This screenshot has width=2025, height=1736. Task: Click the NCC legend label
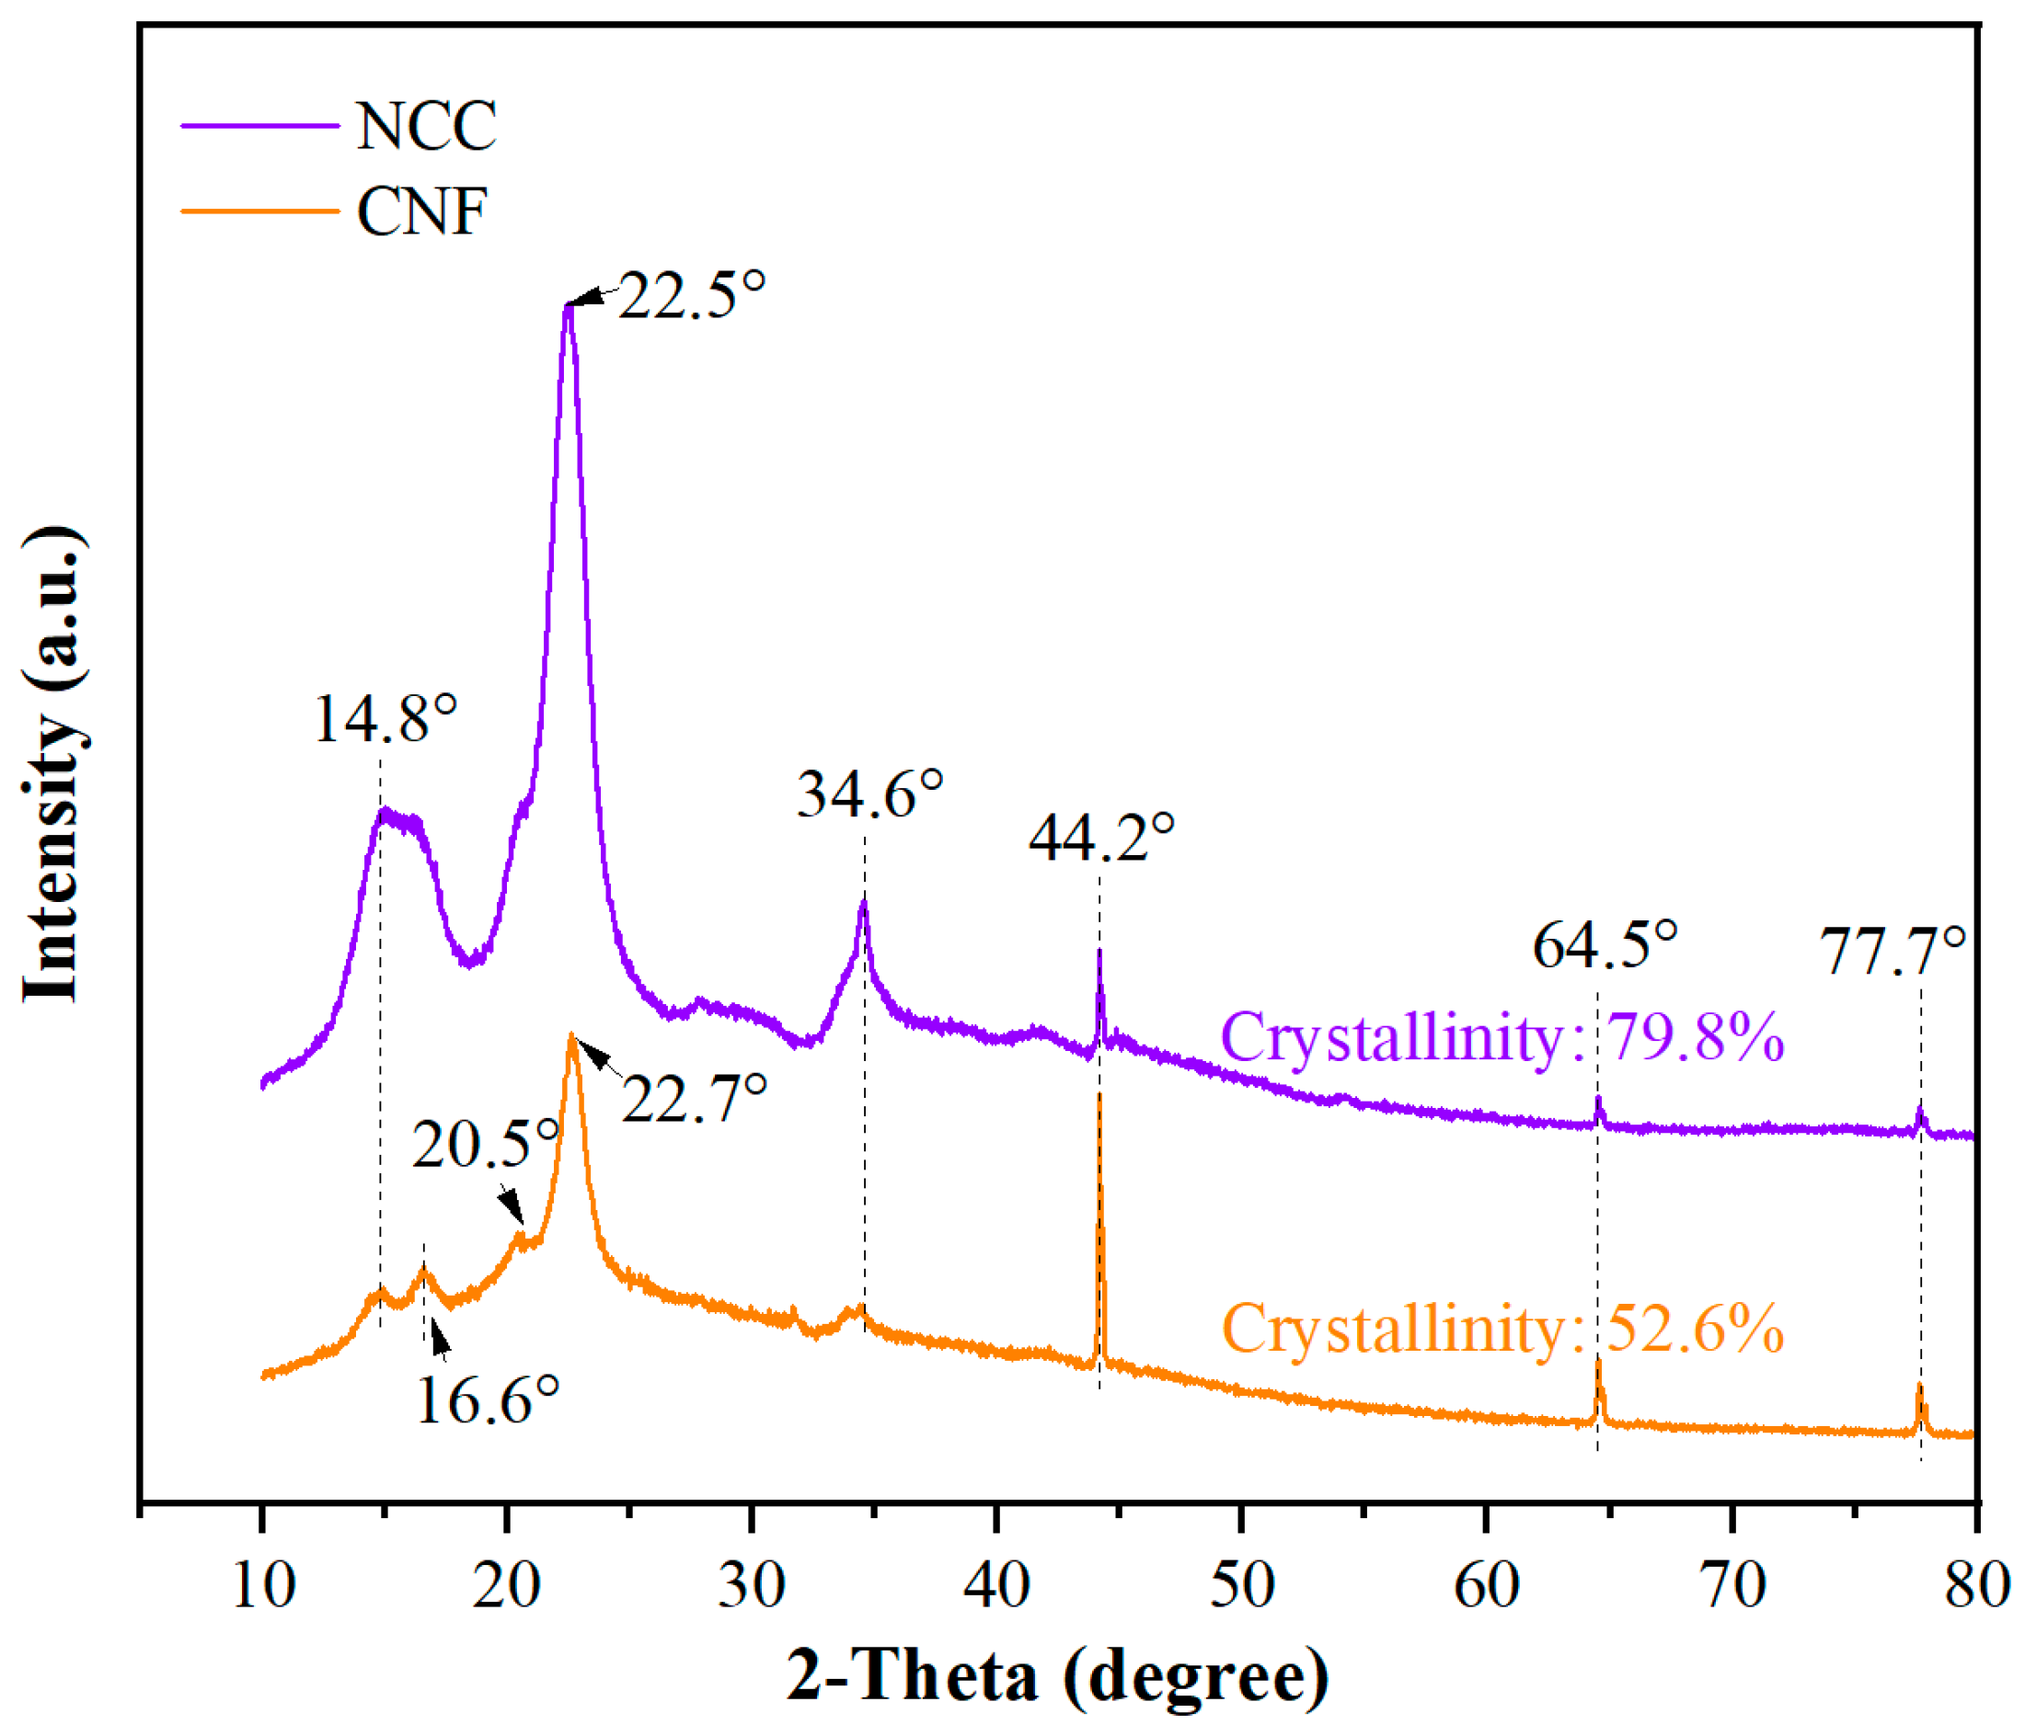[x=426, y=126]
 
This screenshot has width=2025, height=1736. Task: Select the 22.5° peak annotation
[x=691, y=295]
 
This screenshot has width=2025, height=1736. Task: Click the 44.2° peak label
[x=1100, y=838]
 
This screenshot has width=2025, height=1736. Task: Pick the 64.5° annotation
[x=1605, y=944]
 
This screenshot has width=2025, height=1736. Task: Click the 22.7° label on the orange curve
[x=694, y=1098]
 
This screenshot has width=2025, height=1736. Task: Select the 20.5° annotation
[x=485, y=1144]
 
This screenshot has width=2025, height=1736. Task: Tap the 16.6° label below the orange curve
[x=487, y=1400]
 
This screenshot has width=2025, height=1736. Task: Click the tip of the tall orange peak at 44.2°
[x=1099, y=1096]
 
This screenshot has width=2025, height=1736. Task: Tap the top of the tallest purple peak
[x=568, y=309]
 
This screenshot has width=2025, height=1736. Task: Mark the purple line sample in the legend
[x=260, y=126]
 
